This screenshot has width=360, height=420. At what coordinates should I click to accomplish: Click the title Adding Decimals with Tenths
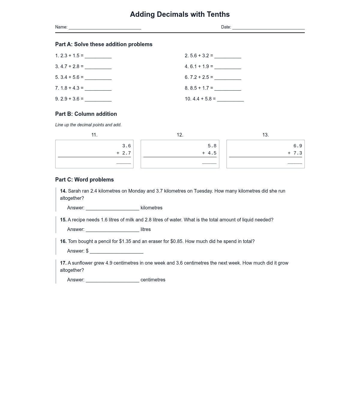pos(180,14)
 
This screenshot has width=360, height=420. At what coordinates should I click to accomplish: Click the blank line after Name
pos(105,28)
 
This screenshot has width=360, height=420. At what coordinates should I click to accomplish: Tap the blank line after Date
pos(268,28)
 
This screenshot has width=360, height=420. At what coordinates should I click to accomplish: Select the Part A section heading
pos(104,44)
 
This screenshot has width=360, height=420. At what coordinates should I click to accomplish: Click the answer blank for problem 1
pos(98,56)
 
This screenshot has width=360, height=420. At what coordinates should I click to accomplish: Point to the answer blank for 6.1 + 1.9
pos(228,67)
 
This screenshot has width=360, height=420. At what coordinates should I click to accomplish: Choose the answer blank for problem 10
pos(230,100)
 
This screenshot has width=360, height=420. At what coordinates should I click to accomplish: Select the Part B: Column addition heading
pos(86,114)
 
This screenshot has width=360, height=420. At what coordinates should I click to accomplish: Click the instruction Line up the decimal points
pos(88,125)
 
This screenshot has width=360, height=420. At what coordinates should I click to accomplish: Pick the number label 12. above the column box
pos(180,135)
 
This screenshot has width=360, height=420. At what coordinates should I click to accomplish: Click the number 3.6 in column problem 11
pos(126,146)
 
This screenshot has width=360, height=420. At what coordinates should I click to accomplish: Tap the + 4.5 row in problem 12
pos(209,153)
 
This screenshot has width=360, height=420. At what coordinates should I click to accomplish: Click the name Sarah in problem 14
pos(74,191)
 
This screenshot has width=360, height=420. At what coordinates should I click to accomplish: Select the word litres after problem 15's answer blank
pos(145,229)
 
